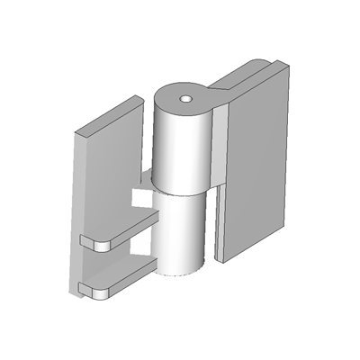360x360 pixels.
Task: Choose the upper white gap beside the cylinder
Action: point(140,195)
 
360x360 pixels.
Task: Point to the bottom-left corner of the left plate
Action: point(73,292)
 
